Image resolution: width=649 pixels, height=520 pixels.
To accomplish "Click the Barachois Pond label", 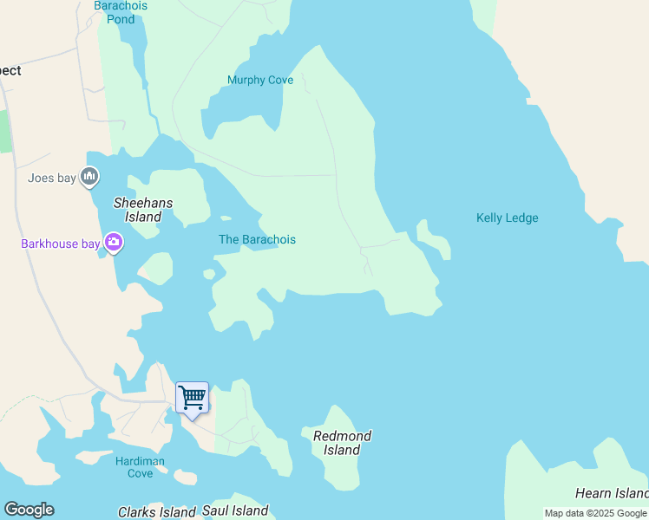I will coord(121,12).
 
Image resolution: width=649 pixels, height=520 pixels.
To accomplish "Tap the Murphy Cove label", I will coord(260,81).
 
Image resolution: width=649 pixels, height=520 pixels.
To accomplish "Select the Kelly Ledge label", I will coord(507,218).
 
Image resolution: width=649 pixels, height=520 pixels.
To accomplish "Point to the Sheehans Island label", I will coord(143,210).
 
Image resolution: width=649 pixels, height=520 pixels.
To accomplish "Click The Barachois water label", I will coord(257,240).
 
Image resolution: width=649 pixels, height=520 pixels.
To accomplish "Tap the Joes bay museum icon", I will coord(89,178).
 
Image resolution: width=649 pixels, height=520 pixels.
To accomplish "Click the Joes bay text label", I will coord(52,179).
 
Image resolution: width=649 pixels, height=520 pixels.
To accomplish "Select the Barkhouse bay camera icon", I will coord(113,243).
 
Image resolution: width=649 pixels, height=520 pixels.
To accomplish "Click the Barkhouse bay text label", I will coord(61,244).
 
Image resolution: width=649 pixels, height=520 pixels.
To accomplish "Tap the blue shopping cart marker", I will coord(192,398).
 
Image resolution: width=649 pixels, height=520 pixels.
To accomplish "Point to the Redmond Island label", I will coord(342,443).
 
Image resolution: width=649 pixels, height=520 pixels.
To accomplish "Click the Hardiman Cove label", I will coord(140,467).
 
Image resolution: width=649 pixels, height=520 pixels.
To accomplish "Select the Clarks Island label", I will coord(157,512).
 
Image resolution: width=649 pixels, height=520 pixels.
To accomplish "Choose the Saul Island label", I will coord(235,511).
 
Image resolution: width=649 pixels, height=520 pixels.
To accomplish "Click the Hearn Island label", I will coord(611,494).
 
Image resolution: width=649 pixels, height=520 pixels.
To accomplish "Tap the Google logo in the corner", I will coord(29,510).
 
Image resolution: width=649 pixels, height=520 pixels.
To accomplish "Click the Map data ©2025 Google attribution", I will coord(595,514).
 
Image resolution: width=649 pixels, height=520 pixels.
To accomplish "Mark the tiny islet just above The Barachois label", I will coord(226,218).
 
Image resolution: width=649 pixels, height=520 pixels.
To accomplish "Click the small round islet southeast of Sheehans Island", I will coord(209,275).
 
